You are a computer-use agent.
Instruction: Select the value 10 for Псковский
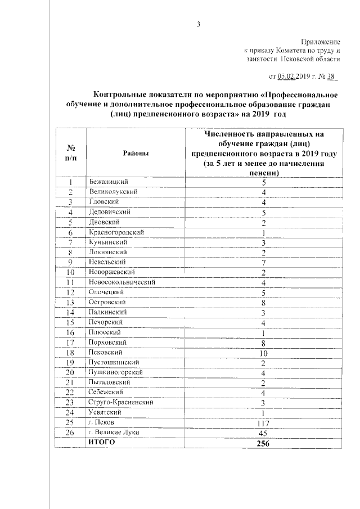coord(263,353)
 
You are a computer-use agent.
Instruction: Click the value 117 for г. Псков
coord(263,422)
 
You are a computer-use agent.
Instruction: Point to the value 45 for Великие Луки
coord(263,433)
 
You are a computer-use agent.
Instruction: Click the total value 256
coord(263,443)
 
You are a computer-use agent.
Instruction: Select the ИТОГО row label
coord(101,443)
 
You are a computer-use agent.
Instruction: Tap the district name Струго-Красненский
coord(120,403)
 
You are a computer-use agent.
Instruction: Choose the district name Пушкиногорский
coord(117,372)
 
